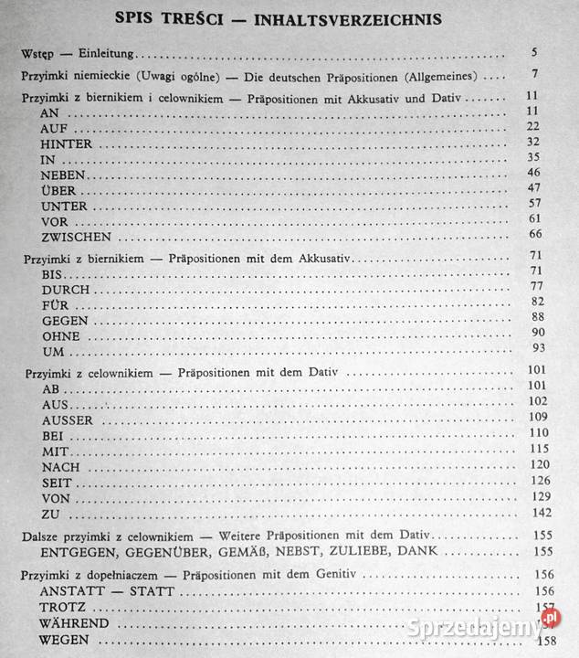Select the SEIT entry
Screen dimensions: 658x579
[x=57, y=483]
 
